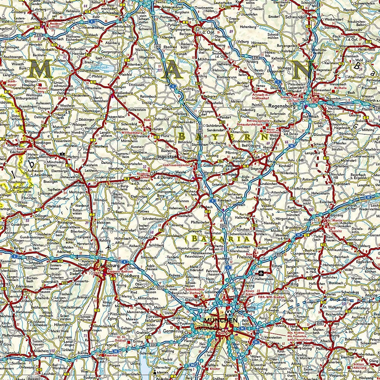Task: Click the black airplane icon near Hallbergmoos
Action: (x=261, y=273)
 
